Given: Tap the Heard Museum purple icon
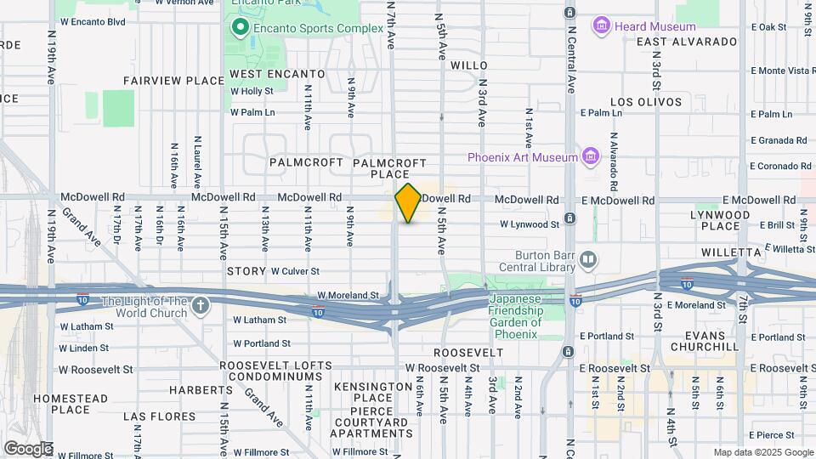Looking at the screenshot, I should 602,26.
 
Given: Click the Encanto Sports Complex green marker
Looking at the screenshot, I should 241,28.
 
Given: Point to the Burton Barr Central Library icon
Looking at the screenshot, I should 587,258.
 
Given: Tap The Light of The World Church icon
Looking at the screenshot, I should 200,305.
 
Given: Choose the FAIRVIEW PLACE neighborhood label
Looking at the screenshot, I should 173,81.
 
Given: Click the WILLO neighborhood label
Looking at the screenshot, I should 468,65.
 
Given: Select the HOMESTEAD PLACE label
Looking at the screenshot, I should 71,404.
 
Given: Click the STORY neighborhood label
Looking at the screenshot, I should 246,271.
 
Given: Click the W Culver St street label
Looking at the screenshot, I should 295,271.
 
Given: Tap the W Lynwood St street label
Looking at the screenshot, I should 530,224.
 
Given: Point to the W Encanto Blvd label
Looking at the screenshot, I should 93,22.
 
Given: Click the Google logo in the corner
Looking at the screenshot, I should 27,448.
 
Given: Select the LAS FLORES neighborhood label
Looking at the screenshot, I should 160,416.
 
